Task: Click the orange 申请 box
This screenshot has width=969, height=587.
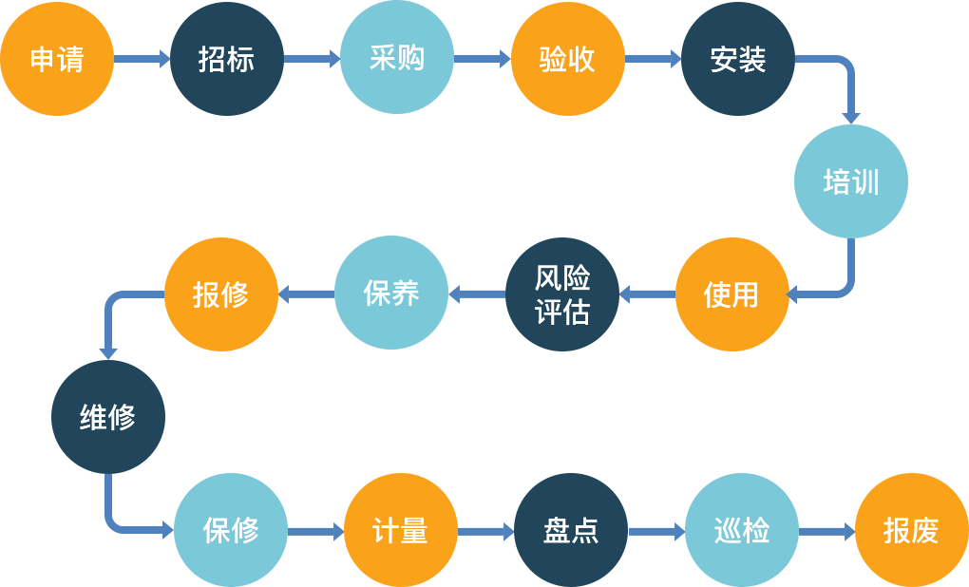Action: click(x=57, y=58)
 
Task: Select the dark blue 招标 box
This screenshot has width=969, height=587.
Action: click(x=226, y=58)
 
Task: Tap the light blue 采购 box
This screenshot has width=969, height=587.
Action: click(x=396, y=58)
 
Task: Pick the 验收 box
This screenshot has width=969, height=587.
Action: click(x=567, y=58)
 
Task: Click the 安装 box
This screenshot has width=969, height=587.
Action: click(x=737, y=58)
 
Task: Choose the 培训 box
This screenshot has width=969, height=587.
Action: click(x=850, y=180)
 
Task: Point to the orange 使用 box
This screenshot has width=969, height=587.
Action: click(x=731, y=293)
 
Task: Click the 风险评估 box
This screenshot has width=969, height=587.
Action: click(x=561, y=293)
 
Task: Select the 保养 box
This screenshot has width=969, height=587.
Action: click(x=390, y=293)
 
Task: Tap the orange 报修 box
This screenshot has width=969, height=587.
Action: click(x=220, y=293)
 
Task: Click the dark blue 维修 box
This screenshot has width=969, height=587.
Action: click(x=107, y=416)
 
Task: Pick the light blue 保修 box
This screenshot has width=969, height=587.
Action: click(x=230, y=529)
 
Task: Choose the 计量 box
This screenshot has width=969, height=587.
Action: click(x=400, y=529)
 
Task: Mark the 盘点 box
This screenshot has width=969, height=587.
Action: click(x=570, y=529)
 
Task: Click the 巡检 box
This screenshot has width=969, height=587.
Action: click(x=741, y=529)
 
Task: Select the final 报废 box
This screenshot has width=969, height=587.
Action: click(x=911, y=529)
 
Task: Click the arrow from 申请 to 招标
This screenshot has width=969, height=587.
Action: click(x=142, y=59)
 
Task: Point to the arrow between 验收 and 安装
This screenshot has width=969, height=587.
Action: click(x=653, y=59)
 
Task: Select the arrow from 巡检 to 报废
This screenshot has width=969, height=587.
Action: click(x=826, y=531)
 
